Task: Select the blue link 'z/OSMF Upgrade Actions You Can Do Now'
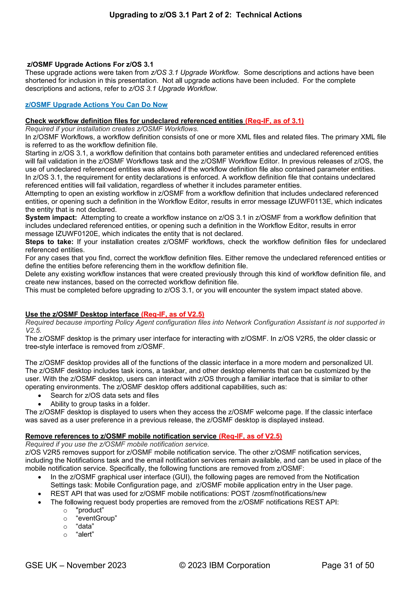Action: tap(96, 105)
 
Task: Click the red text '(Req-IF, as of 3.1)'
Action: tap(274, 121)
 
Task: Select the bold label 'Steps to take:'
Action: tap(49, 242)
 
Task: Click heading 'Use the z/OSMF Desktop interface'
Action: tap(82, 314)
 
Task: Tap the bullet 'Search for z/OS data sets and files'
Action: tap(104, 396)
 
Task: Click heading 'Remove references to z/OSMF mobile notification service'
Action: tap(121, 436)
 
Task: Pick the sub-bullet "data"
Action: tap(85, 526)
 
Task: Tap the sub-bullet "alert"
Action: tap(85, 535)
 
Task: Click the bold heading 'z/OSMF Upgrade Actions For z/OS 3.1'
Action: tap(90, 64)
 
